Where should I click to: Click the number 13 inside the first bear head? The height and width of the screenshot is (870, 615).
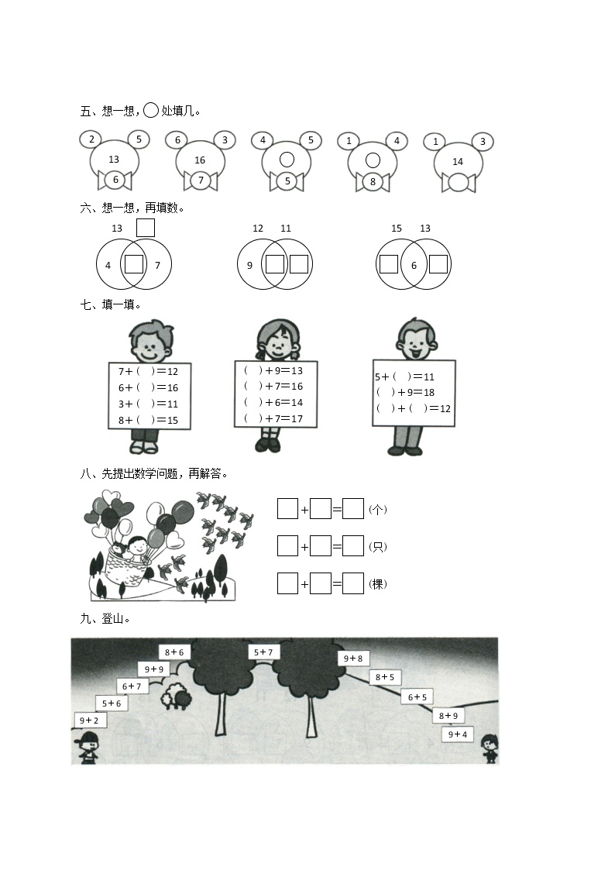click(x=114, y=160)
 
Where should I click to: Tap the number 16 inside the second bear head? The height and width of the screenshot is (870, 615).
click(x=200, y=160)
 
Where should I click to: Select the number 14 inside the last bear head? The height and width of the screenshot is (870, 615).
click(x=458, y=161)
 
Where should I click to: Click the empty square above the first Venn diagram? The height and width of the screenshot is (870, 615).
click(x=146, y=228)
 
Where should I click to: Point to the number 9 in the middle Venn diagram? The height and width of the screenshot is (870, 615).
click(x=249, y=265)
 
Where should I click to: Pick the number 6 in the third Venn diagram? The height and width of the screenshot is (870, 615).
click(x=414, y=265)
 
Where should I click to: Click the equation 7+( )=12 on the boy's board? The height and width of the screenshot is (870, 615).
click(x=148, y=371)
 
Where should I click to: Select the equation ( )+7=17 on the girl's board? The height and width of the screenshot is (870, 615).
click(x=273, y=418)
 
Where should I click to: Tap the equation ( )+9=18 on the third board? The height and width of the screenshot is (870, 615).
click(x=405, y=392)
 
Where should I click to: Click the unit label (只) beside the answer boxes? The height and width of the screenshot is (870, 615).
click(x=378, y=546)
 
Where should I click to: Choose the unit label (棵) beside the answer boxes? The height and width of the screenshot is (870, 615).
click(x=378, y=583)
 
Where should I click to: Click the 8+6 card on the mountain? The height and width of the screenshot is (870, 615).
click(x=174, y=652)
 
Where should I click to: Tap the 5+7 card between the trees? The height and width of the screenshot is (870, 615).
click(x=263, y=652)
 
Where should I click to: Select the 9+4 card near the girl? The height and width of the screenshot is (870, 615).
click(x=458, y=734)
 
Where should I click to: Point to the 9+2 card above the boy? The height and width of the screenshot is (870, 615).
click(x=89, y=720)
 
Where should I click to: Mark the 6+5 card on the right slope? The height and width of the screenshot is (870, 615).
click(x=417, y=697)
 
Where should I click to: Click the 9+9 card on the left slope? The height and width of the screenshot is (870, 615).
click(x=154, y=669)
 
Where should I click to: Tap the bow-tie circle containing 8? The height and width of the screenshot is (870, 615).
click(x=373, y=181)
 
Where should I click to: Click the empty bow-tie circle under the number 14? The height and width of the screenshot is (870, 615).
click(x=459, y=182)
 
